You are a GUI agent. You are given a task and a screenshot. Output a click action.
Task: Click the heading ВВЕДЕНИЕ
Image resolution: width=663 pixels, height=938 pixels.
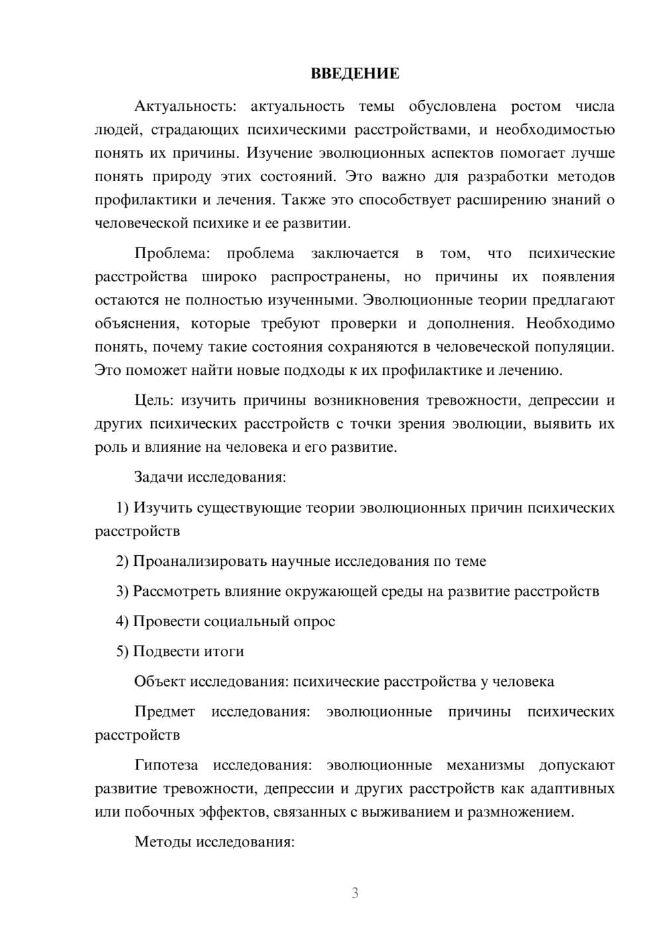click(355, 74)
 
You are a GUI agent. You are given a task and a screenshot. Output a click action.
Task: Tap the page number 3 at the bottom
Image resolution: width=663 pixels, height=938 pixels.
click(355, 893)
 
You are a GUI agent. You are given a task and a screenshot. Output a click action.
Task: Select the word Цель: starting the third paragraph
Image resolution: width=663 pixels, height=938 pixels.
click(154, 400)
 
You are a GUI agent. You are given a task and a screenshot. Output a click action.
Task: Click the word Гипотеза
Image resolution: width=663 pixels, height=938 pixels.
click(166, 765)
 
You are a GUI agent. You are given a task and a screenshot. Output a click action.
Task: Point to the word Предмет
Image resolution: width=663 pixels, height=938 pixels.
click(164, 711)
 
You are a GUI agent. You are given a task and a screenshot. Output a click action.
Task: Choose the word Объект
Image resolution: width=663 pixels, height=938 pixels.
click(160, 681)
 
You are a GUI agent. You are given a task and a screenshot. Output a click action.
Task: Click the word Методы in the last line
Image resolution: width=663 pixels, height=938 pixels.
click(160, 842)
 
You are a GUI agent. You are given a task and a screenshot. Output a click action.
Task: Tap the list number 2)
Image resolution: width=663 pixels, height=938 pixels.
click(122, 561)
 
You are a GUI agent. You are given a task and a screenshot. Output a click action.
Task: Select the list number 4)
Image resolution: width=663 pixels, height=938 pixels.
click(122, 621)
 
